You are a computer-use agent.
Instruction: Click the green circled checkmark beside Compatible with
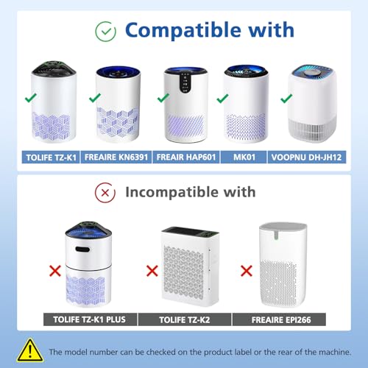106,32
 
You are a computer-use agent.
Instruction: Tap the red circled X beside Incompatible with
105,193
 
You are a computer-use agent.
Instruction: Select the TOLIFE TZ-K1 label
51,157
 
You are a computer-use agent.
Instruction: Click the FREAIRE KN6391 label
116,157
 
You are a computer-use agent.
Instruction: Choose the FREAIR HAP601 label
186,157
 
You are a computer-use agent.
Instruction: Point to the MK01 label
244,157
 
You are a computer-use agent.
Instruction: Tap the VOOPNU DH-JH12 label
306,157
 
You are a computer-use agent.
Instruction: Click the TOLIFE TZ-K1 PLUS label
90,319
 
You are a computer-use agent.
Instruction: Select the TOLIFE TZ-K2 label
185,319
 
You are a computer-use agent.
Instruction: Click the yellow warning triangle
30,350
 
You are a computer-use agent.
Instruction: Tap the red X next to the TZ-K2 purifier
152,271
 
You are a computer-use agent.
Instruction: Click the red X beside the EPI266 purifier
247,271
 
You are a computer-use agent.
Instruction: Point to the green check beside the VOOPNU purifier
286,99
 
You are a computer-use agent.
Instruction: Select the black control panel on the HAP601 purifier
185,82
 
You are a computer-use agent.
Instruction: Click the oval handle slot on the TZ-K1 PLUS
82,250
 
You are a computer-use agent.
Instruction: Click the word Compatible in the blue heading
183,30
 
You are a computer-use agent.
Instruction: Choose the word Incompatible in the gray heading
171,192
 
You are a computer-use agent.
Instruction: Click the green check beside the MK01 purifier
222,99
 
